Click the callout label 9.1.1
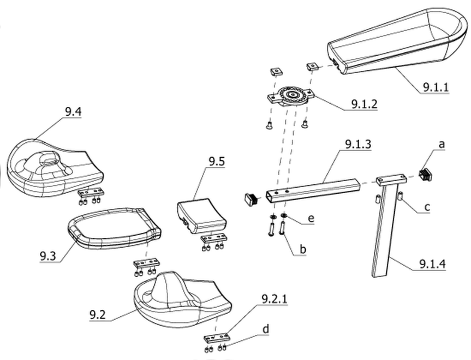pyautogui.click(x=435, y=87)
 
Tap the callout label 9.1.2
pyautogui.click(x=364, y=104)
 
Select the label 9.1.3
pyautogui.click(x=358, y=144)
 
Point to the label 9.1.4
pyautogui.click(x=432, y=264)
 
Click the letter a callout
pyautogui.click(x=441, y=144)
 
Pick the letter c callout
pyautogui.click(x=427, y=207)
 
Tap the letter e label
pyautogui.click(x=311, y=218)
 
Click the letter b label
pyautogui.click(x=303, y=249)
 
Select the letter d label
pyautogui.click(x=265, y=329)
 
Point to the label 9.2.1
pyautogui.click(x=274, y=299)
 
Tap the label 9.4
pyautogui.click(x=73, y=112)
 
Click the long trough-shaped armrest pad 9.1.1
pyautogui.click(x=396, y=42)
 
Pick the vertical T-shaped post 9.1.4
pyautogui.click(x=386, y=222)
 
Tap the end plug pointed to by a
pyautogui.click(x=425, y=175)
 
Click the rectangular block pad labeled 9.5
pyautogui.click(x=202, y=215)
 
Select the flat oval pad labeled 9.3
pyautogui.click(x=114, y=228)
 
